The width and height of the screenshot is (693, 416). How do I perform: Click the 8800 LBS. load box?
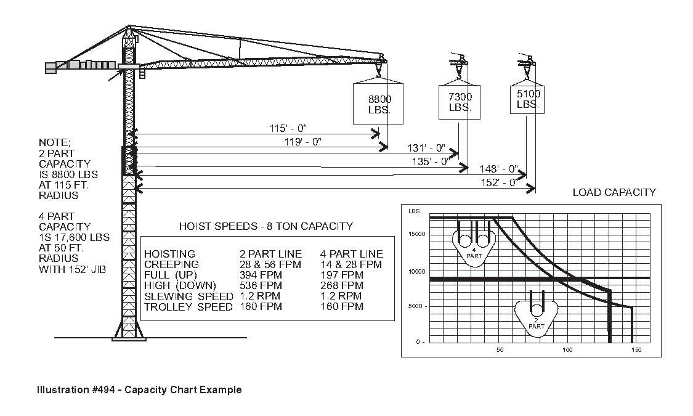tap(379, 103)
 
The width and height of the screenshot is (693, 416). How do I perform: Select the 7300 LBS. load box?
tap(460, 102)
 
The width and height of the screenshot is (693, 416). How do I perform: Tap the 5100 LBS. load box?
tap(528, 99)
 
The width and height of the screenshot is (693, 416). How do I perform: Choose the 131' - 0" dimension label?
tap(426, 148)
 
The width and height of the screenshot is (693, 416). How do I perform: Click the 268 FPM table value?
tap(342, 285)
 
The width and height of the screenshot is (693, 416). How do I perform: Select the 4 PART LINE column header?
tap(351, 254)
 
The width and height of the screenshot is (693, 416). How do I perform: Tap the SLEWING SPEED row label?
tap(188, 296)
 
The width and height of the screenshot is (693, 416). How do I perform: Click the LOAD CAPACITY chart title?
tap(614, 192)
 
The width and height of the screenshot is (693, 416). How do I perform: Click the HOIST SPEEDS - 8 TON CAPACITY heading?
tap(265, 226)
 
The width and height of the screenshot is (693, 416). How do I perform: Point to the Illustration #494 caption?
tap(139, 389)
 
